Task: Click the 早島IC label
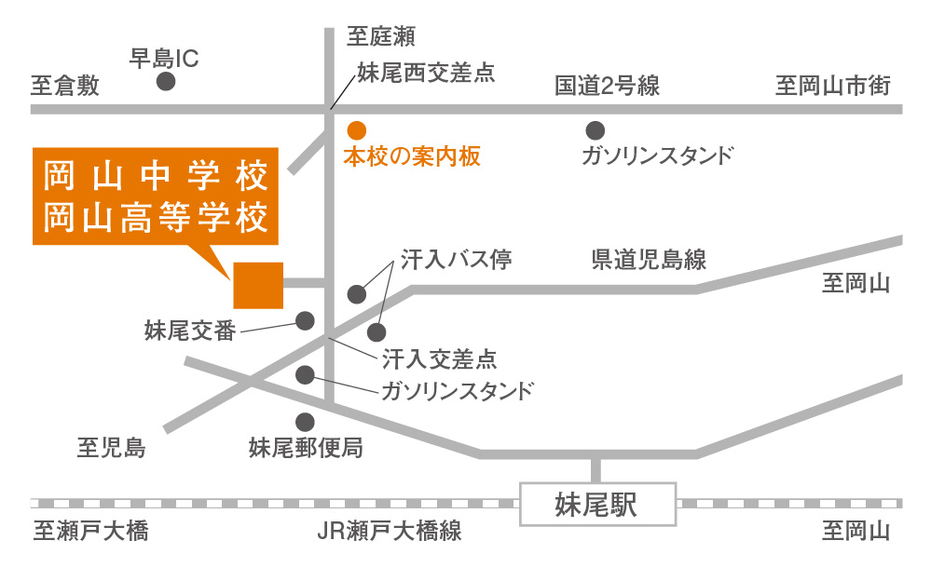pos(163,58)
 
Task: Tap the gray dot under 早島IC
pos(166,82)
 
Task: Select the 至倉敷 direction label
pos(64,87)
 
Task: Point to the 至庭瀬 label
pos(380,36)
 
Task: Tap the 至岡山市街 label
pos(833,87)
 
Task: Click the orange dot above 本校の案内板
pos(356,130)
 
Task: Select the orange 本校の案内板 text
pos(412,155)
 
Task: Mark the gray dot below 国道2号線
pos(594,130)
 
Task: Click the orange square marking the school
pos(257,285)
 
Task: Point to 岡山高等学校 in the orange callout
pos(156,218)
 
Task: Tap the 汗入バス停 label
pos(456,258)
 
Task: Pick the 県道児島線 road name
pos(649,259)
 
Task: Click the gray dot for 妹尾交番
pos(305,321)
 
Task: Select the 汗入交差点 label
pos(438,358)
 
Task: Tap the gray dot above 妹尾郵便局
pos(305,421)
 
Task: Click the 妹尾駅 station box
pos(597,505)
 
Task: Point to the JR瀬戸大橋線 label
pos(389,532)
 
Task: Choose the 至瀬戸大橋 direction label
pos(90,532)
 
